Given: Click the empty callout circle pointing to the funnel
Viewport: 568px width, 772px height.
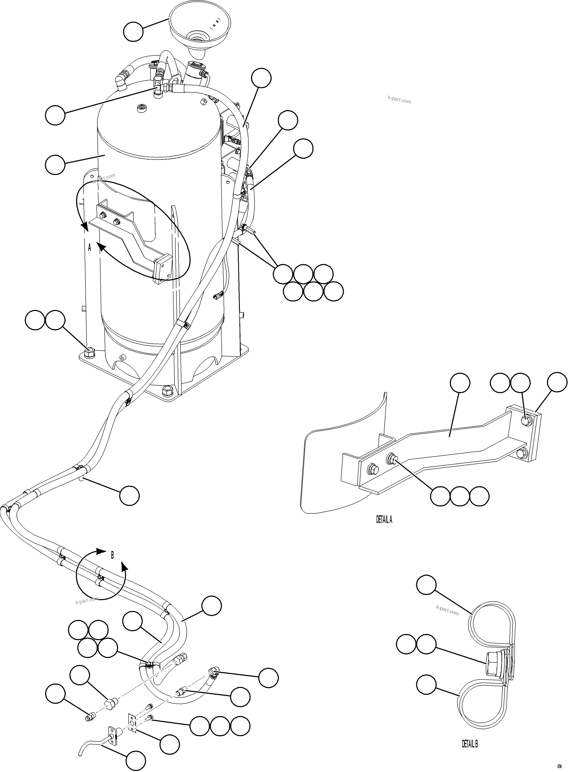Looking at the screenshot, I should click(133, 32).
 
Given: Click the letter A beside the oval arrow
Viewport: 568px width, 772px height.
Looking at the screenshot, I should click(90, 247).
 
